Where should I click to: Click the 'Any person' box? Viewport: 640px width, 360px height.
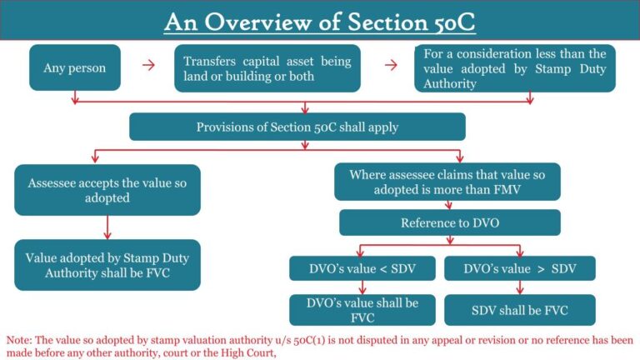click(x=74, y=68)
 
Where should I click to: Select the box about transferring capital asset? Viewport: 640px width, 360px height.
click(x=267, y=68)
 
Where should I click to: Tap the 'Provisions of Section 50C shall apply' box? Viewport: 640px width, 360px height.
click(x=297, y=127)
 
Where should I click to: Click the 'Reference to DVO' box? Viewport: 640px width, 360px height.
click(x=449, y=222)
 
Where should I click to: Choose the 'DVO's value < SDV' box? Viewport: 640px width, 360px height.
click(x=362, y=268)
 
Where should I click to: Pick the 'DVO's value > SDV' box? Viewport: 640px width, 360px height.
click(x=520, y=268)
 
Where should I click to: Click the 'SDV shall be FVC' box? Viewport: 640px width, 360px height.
click(x=520, y=309)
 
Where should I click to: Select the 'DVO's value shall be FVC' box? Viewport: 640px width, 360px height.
click(x=362, y=309)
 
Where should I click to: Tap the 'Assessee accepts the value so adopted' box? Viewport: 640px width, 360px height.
click(x=107, y=189)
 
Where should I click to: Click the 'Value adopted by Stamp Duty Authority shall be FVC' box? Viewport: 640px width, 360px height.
click(x=107, y=265)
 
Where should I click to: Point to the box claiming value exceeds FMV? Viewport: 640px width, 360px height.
click(x=447, y=182)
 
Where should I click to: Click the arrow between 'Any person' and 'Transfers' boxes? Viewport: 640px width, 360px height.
click(x=148, y=66)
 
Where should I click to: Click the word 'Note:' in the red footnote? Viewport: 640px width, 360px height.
click(x=20, y=341)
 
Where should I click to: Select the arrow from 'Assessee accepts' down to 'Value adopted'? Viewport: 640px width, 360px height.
click(x=107, y=227)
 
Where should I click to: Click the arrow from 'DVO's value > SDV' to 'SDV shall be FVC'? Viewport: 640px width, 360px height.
click(x=520, y=287)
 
